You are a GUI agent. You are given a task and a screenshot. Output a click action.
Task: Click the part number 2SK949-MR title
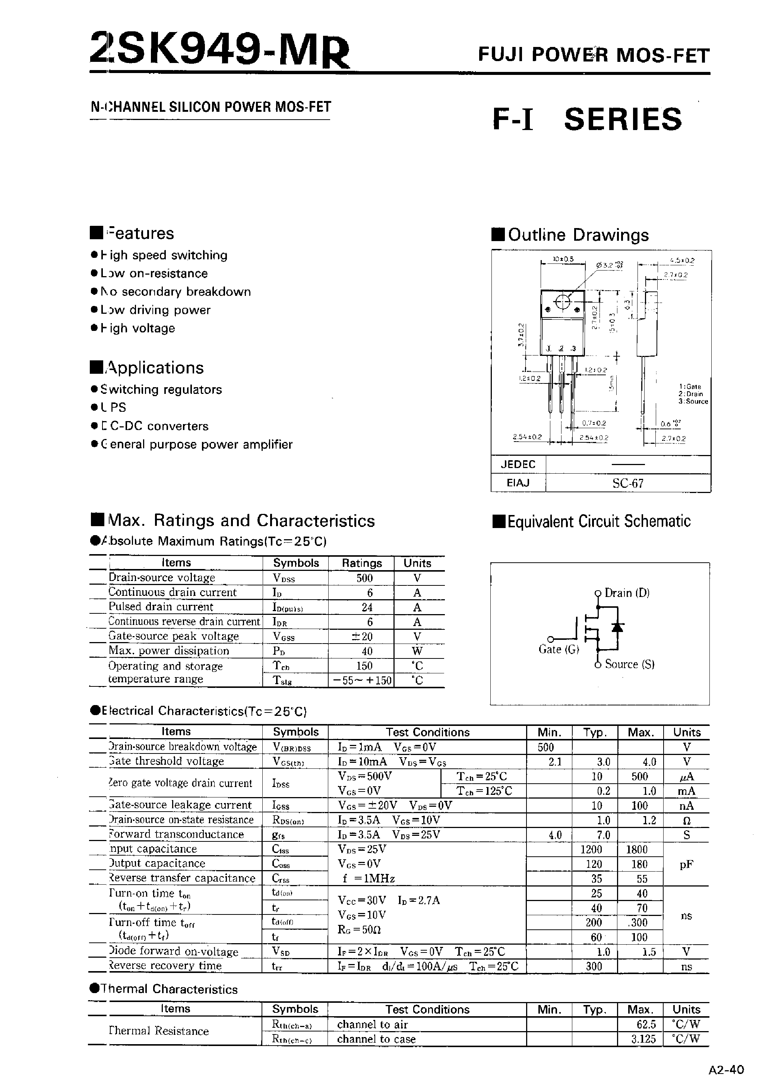tap(219, 49)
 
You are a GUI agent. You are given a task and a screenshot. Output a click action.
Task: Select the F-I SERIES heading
tap(587, 119)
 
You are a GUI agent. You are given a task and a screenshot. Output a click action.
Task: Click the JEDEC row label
tap(518, 464)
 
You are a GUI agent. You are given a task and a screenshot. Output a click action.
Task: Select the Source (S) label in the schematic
tap(629, 664)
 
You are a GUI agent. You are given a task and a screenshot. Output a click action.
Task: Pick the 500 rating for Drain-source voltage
tap(364, 578)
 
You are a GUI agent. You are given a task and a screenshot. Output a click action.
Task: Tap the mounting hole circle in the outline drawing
tap(563, 302)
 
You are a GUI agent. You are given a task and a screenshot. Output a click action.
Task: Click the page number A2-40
tap(726, 1070)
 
